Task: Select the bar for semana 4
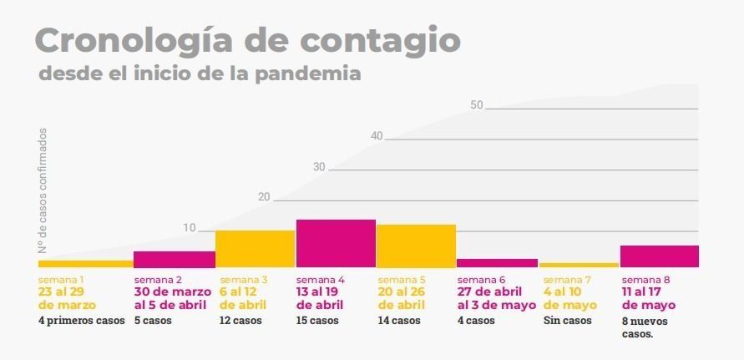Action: (x=336, y=243)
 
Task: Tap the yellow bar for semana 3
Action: (x=255, y=248)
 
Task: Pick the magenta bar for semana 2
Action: (x=175, y=259)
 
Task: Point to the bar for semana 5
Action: (x=416, y=246)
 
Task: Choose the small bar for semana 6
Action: (x=497, y=262)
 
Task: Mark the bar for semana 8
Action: (x=659, y=256)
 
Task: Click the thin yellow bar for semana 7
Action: (x=579, y=265)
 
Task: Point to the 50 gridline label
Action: (x=477, y=105)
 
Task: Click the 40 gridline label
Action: (x=377, y=136)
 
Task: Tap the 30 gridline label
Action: (x=319, y=167)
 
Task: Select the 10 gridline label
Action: (x=190, y=228)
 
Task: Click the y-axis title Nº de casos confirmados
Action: (x=42, y=191)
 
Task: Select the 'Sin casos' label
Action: (x=567, y=321)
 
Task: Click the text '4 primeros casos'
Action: (x=81, y=321)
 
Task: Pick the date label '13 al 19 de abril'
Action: (x=320, y=298)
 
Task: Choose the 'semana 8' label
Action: (x=645, y=280)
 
